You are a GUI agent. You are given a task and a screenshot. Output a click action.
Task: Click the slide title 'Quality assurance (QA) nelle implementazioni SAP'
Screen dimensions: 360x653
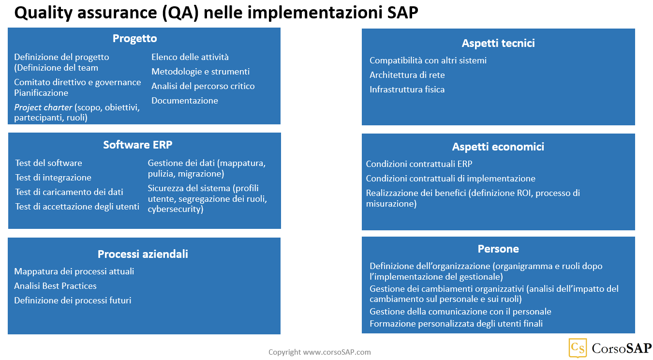[216, 13]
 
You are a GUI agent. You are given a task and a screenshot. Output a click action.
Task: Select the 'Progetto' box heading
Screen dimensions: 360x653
[134, 39]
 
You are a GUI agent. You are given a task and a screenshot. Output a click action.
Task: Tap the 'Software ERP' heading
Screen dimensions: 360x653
[137, 145]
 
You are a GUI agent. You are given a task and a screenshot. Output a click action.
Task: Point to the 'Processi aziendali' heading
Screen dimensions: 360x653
[143, 254]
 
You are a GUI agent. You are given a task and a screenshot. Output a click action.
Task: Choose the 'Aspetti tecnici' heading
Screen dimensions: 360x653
[498, 44]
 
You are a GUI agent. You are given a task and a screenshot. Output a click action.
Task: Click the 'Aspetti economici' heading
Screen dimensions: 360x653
[498, 147]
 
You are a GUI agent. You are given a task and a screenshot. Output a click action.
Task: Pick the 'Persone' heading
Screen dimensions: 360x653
[498, 249]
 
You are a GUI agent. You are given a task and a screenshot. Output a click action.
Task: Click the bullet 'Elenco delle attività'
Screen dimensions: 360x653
[190, 57]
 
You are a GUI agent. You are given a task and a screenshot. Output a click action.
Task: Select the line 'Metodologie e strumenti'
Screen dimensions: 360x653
[200, 72]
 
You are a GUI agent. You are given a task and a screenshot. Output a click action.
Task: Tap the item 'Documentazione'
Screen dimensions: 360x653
[185, 101]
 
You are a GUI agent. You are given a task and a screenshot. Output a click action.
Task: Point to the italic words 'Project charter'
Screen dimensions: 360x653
[43, 107]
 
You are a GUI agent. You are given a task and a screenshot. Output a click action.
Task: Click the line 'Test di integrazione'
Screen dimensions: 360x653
[53, 178]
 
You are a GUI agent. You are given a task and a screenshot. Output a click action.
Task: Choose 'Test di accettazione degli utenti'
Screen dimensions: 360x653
[77, 207]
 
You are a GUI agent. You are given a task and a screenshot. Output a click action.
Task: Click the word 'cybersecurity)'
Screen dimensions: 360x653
[176, 210]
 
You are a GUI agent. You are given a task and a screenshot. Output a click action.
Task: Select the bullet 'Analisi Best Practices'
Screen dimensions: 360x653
[55, 286]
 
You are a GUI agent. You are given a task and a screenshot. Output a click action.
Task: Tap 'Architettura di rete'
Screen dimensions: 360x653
[407, 75]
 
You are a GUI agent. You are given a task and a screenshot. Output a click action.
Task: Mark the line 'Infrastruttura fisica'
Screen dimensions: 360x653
[407, 90]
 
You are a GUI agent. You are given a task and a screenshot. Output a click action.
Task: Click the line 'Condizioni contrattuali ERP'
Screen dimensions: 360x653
[419, 164]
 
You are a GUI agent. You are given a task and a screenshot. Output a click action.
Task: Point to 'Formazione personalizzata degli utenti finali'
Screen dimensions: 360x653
[456, 324]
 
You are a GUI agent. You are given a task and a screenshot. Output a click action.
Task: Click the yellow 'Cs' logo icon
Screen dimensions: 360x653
[578, 347]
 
